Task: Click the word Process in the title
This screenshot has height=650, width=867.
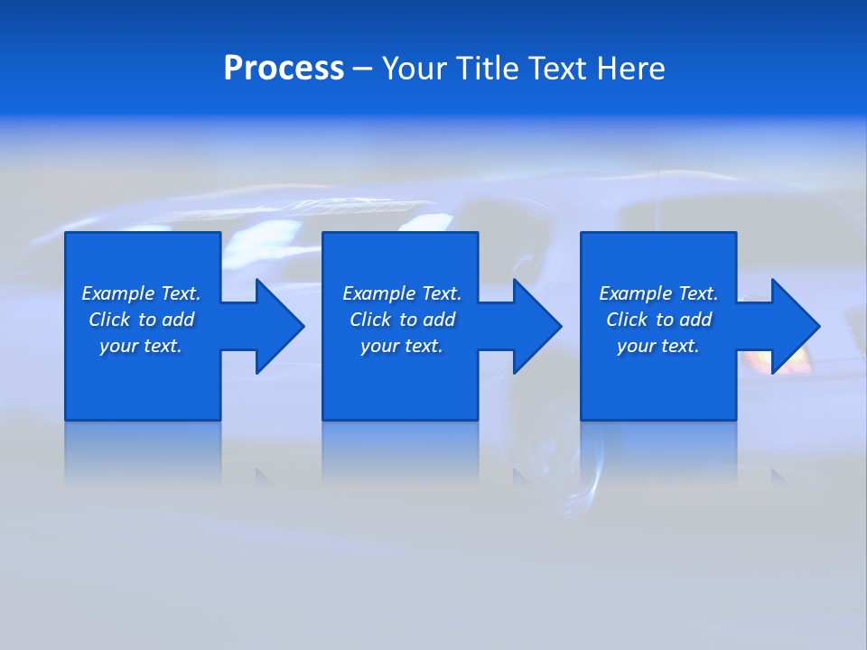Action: (284, 69)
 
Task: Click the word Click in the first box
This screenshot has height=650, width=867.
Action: (109, 320)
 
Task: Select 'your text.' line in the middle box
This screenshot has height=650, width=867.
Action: (401, 346)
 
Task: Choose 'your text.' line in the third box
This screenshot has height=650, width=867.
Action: (657, 346)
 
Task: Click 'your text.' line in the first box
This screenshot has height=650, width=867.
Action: (141, 346)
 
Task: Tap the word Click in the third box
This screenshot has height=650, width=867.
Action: (627, 320)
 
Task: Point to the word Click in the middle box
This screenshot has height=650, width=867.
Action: (370, 320)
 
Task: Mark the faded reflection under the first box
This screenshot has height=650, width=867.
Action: (143, 451)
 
